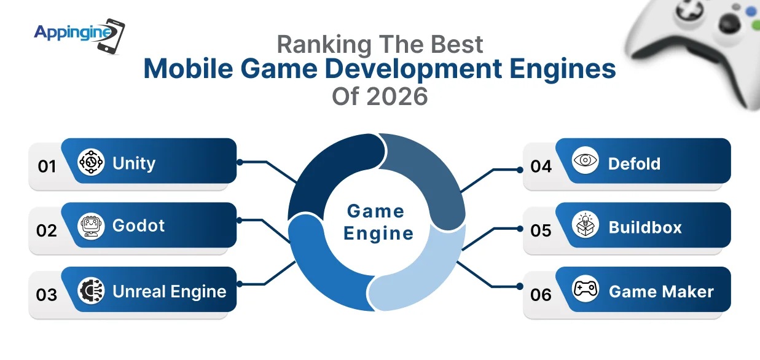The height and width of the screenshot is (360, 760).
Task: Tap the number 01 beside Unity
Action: click(47, 166)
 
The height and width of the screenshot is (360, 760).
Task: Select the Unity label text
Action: click(134, 163)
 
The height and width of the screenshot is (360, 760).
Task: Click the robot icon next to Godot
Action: click(91, 226)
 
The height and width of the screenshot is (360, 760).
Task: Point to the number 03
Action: click(47, 295)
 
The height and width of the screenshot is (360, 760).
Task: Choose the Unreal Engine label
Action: click(170, 291)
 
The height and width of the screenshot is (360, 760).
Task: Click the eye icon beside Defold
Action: click(584, 161)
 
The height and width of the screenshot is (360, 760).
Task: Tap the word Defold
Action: click(634, 164)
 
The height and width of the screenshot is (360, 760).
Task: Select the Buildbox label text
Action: click(645, 227)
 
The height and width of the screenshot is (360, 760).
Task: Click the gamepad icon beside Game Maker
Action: click(585, 289)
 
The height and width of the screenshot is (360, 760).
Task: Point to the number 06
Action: click(541, 295)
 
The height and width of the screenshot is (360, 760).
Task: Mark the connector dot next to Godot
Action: click(240, 219)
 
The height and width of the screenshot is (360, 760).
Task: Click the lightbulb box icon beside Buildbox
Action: click(584, 225)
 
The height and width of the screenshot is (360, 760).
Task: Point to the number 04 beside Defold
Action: click(541, 166)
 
